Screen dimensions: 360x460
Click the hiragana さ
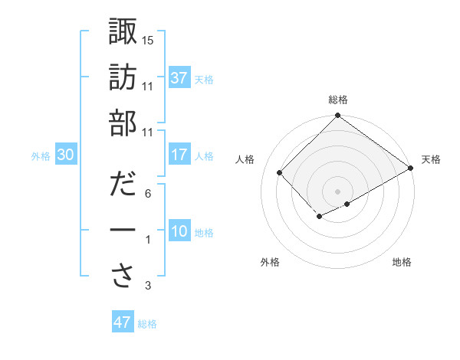[x=123, y=276]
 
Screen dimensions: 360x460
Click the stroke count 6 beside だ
[x=148, y=194]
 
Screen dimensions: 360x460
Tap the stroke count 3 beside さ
[x=148, y=286]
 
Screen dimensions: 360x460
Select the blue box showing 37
[x=179, y=78]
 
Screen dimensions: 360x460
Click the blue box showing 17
[x=179, y=155]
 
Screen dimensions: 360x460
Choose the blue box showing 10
[x=179, y=232]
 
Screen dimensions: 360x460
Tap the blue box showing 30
[x=65, y=155]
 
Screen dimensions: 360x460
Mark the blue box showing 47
[x=122, y=322]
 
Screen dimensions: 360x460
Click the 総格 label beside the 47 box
[x=147, y=324]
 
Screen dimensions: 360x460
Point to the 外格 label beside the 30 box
[x=41, y=156]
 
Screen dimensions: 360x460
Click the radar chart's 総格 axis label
[x=337, y=100]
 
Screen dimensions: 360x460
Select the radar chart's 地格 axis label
[x=402, y=263]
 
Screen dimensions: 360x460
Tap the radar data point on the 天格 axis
[x=411, y=169]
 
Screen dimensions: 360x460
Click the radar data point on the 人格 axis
[x=280, y=173]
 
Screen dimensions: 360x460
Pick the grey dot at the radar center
[x=337, y=190]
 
